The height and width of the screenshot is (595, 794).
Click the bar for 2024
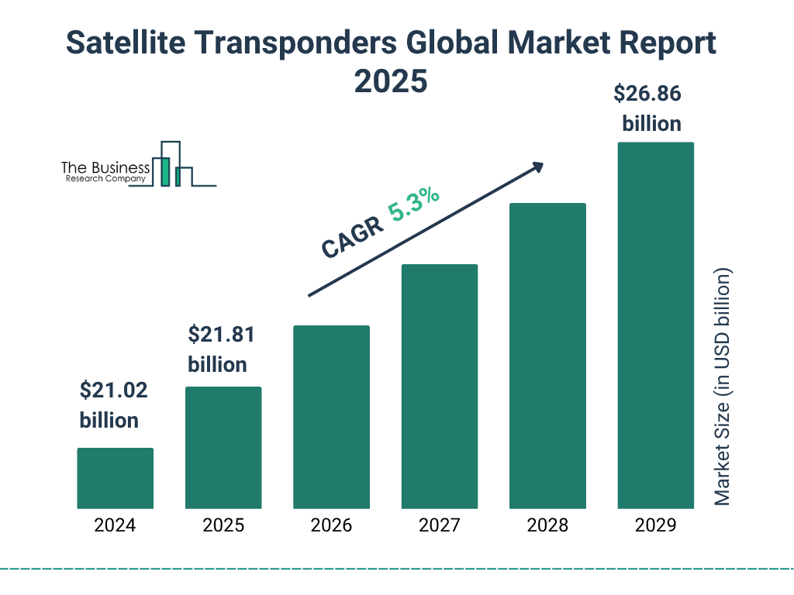coord(115,478)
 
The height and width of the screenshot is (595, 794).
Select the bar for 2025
coord(223,448)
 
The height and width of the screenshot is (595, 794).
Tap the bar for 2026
coord(331,417)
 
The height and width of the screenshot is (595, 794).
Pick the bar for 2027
coord(439,387)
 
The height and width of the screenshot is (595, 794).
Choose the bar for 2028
coord(547,356)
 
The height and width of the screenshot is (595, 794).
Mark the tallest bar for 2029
coord(655,325)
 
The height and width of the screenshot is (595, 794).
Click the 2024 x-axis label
coord(115,525)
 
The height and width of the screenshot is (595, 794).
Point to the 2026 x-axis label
coord(331,525)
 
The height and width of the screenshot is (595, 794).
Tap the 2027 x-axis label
coord(439,525)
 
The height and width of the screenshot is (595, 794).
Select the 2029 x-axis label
coord(655,525)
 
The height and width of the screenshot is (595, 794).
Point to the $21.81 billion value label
coord(220,349)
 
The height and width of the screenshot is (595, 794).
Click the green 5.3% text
coord(414,205)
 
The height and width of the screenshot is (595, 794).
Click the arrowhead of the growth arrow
coord(537,167)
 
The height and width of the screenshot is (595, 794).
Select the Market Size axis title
coord(723,387)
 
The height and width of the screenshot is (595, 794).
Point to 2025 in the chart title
coord(391,81)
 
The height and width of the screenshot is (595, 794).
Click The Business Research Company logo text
coord(105,173)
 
